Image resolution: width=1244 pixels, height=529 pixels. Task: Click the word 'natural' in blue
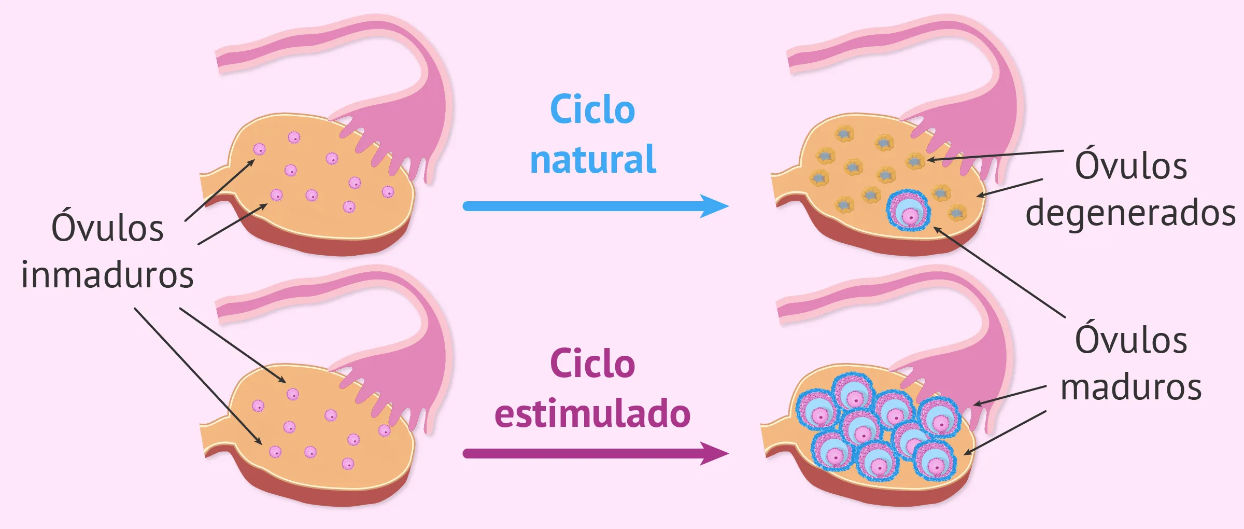(x=592, y=160)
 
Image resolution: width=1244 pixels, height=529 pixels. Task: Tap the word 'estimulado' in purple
(x=592, y=414)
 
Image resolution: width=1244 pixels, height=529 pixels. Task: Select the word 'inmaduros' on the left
(x=107, y=275)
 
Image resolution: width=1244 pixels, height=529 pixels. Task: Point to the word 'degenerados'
(x=1130, y=213)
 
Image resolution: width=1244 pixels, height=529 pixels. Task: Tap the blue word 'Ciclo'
(x=592, y=110)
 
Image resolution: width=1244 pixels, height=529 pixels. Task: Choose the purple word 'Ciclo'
(x=592, y=364)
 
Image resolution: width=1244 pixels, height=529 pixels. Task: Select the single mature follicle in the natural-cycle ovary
(x=908, y=210)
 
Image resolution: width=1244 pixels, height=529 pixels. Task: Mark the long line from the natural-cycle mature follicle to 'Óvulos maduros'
(x=1000, y=272)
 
